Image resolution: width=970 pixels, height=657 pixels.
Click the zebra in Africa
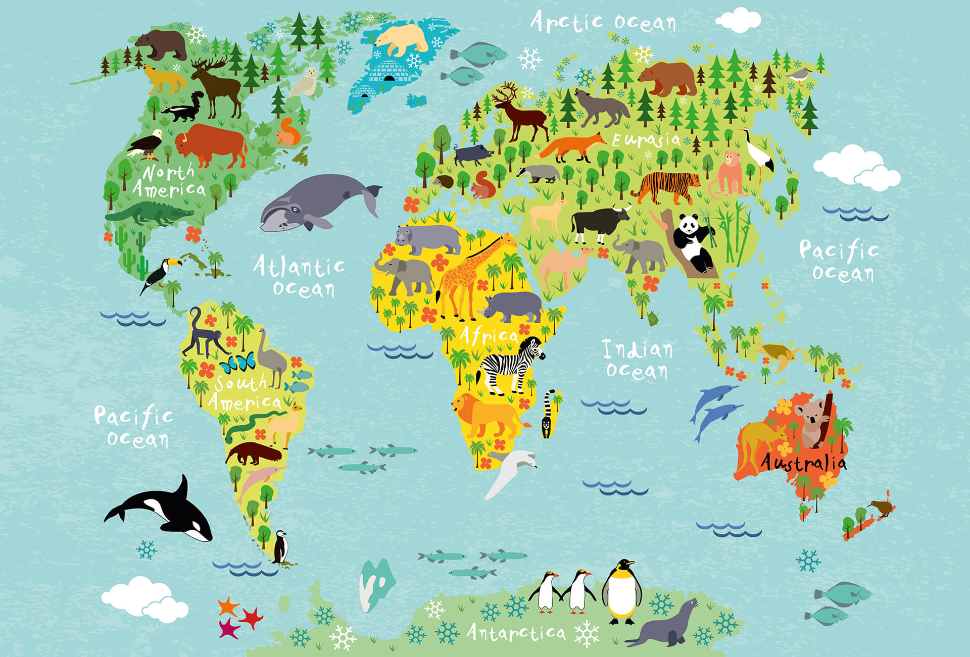pyautogui.click(x=510, y=365)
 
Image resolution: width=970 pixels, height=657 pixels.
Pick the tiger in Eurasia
pyautogui.click(x=667, y=187)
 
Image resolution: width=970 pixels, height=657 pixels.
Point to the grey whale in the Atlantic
pyautogui.click(x=316, y=202)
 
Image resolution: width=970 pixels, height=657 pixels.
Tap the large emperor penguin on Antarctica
pyautogui.click(x=622, y=591)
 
